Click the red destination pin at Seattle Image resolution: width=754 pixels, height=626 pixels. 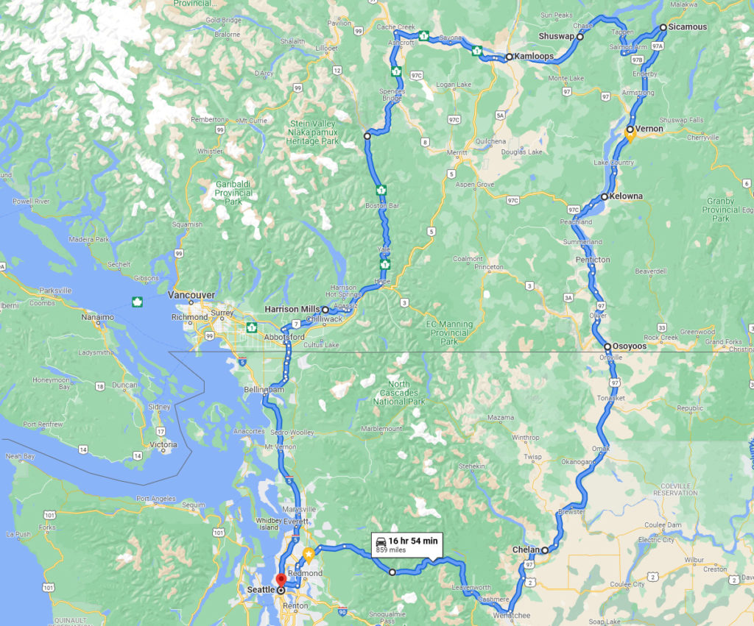pos(281,580)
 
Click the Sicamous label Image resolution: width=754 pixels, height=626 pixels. pos(688,27)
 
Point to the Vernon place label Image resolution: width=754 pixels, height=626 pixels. pos(649,129)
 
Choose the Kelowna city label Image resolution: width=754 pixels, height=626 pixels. pos(626,196)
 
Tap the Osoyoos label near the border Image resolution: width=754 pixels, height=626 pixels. pos(630,346)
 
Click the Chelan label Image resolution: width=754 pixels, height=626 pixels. pos(526,550)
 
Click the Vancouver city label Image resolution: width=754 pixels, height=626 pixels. pos(191,295)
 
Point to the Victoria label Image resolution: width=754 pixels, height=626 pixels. pos(163,445)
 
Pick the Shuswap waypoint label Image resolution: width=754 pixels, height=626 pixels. pos(557,36)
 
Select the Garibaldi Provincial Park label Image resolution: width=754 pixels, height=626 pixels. pos(233,193)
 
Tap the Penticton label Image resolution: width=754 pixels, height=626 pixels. pos(593,260)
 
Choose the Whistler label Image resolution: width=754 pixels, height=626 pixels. pos(210,152)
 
